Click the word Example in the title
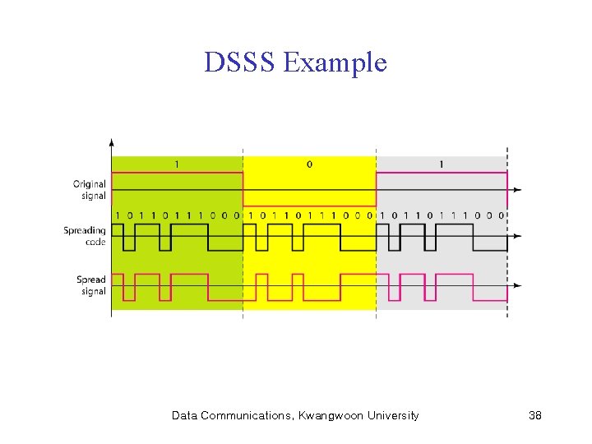pyautogui.click(x=334, y=63)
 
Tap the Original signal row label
pyautogui.click(x=90, y=190)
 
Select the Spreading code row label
pyautogui.click(x=86, y=236)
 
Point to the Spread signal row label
pyautogui.click(x=91, y=285)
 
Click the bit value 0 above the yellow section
pyautogui.click(x=309, y=164)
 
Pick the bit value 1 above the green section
pyautogui.click(x=177, y=164)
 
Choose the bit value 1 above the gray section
pyautogui.click(x=442, y=164)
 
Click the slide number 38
pyautogui.click(x=534, y=416)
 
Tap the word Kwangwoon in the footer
pyautogui.click(x=329, y=416)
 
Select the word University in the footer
pyautogui.click(x=391, y=416)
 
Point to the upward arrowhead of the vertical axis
pyautogui.click(x=111, y=141)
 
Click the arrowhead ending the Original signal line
pyautogui.click(x=516, y=190)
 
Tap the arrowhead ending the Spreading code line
pyautogui.click(x=516, y=238)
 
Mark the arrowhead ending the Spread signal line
pyautogui.click(x=516, y=285)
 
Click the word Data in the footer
pyautogui.click(x=183, y=416)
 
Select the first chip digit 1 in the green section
pyautogui.click(x=118, y=215)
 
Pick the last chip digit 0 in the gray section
pyautogui.click(x=501, y=215)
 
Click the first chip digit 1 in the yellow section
pyautogui.click(x=251, y=215)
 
